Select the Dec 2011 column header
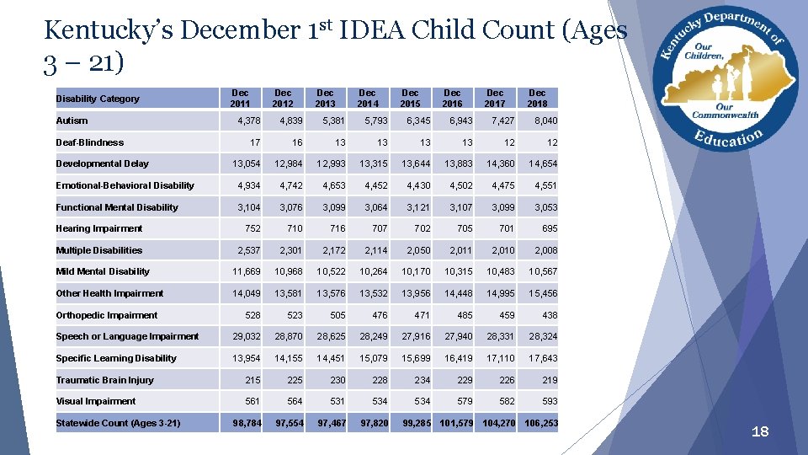coord(240,98)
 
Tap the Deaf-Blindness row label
coord(89,142)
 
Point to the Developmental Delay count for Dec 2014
coord(374,163)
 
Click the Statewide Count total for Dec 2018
coord(540,422)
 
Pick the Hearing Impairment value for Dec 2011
coord(251,228)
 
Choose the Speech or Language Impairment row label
coord(127,336)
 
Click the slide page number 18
coord(759,432)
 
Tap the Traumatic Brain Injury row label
coord(104,380)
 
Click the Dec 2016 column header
coord(452,98)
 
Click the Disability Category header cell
coord(98,99)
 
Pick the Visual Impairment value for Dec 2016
coord(463,401)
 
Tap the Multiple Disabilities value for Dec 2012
coord(290,250)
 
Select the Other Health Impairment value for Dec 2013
coord(331,293)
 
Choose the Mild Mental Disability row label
coord(103,271)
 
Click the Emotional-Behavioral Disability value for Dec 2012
coord(290,185)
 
